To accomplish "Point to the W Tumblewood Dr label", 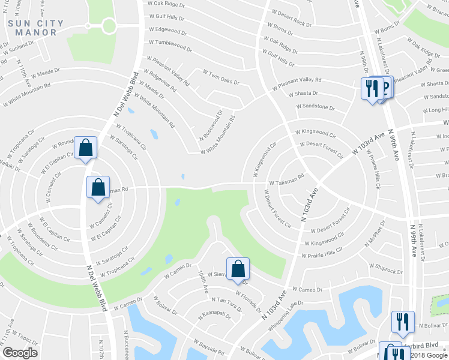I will point(168,43).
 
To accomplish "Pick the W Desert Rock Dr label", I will point(292,18).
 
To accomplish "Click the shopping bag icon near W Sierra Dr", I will point(238,268).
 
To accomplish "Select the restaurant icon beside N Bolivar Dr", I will point(403,321).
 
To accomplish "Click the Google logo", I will point(20,353).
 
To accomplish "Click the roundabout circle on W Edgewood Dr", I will point(109,26).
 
